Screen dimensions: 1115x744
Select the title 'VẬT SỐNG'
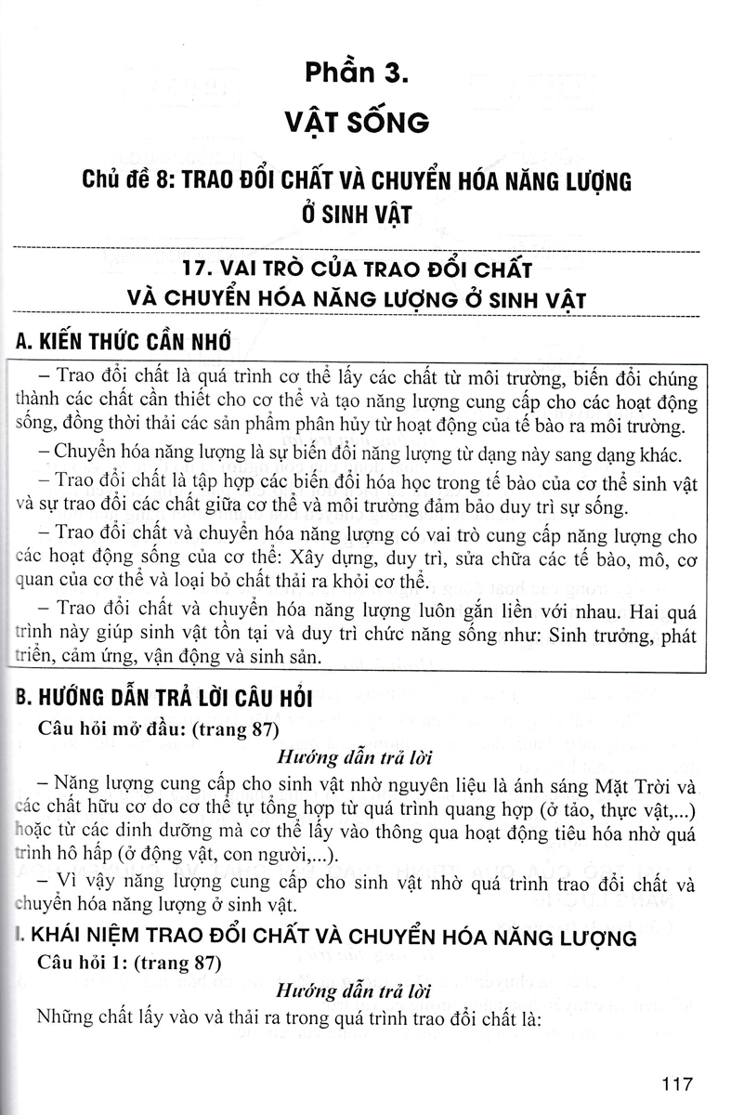[x=372, y=122]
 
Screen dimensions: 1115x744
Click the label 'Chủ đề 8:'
[x=127, y=180]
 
